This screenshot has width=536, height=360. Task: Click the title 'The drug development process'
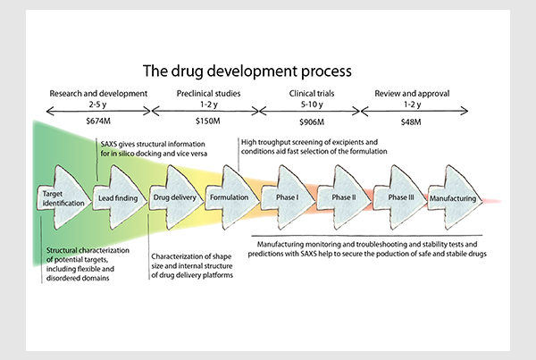(247, 71)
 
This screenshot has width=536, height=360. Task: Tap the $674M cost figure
(98, 121)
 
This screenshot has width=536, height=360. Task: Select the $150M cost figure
(208, 121)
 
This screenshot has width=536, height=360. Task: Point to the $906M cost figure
(312, 122)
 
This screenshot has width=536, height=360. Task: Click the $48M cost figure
(411, 122)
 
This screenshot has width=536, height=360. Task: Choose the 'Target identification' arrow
(64, 197)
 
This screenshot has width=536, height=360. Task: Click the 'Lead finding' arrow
(120, 197)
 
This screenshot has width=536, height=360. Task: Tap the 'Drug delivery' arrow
(176, 197)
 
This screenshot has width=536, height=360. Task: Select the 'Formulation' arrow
(232, 197)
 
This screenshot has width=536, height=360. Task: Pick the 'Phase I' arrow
(289, 197)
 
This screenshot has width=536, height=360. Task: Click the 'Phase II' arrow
(344, 197)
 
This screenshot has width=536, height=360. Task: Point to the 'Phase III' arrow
(400, 197)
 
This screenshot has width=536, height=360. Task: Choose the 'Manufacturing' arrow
(456, 197)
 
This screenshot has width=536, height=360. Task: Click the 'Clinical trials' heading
(312, 93)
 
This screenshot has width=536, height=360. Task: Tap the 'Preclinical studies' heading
(208, 93)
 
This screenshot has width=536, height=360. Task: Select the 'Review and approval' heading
(412, 94)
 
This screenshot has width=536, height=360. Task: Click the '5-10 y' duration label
(312, 105)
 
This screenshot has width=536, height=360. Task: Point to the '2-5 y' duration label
(97, 105)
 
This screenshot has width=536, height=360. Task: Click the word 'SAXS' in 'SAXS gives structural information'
(109, 144)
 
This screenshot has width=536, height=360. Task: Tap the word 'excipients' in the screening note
(348, 142)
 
